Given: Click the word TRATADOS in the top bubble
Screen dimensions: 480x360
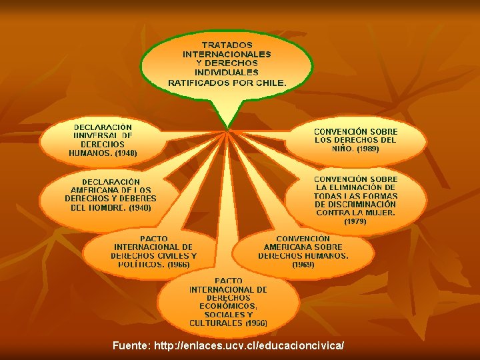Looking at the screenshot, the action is pyautogui.click(x=227, y=44).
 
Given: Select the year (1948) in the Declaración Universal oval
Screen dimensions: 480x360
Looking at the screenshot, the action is pyautogui.click(x=126, y=153).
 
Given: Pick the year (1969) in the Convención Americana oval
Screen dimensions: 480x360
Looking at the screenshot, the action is pyautogui.click(x=303, y=265).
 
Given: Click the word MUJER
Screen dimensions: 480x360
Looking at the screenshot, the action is pyautogui.click(x=380, y=213).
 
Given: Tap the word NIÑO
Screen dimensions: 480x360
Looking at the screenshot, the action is pyautogui.click(x=344, y=149).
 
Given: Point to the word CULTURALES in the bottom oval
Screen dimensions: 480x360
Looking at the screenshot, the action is pyautogui.click(x=216, y=323).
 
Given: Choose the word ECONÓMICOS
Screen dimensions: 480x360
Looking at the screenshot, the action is pyautogui.click(x=228, y=306).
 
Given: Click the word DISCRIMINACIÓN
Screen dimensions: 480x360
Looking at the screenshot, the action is pyautogui.click(x=364, y=205).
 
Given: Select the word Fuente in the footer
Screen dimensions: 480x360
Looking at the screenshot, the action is pyautogui.click(x=131, y=345).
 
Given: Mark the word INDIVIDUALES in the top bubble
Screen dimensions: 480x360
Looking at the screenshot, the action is pyautogui.click(x=227, y=72).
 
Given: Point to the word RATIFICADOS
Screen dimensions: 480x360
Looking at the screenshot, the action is pyautogui.click(x=198, y=83).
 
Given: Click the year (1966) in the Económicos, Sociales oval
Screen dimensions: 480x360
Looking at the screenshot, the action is pyautogui.click(x=257, y=323).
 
